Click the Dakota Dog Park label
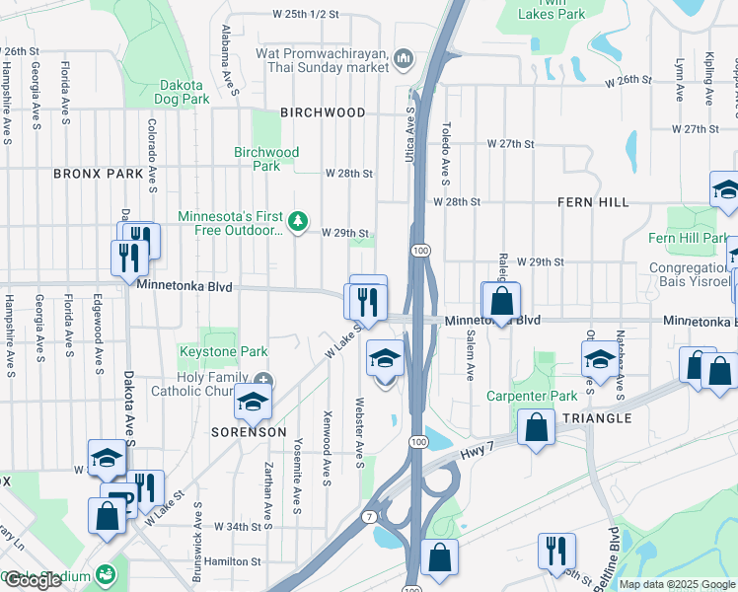tap(183, 92)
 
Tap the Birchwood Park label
tap(266, 159)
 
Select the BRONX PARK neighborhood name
tap(99, 174)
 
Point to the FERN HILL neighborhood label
tap(593, 202)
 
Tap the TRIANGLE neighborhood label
tap(597, 418)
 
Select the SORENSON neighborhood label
tap(249, 432)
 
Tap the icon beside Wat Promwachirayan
tap(404, 60)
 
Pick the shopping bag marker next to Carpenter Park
tap(536, 428)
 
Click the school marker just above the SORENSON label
tap(253, 401)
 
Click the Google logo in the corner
tap(33, 580)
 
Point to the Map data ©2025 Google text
tap(678, 584)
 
